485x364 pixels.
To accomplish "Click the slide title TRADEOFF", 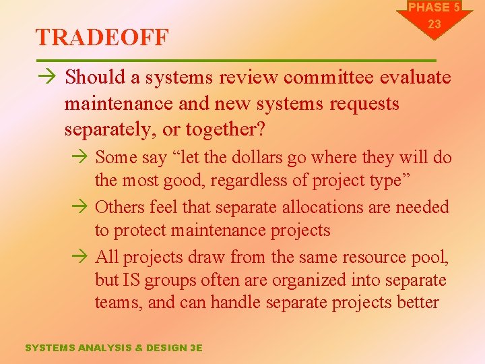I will tap(102, 38).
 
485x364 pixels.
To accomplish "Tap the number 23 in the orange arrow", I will tap(434, 24).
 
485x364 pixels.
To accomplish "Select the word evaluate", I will tap(416, 78).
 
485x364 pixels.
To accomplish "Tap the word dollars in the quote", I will tap(276, 157).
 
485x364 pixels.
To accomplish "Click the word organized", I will tap(298, 280).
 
